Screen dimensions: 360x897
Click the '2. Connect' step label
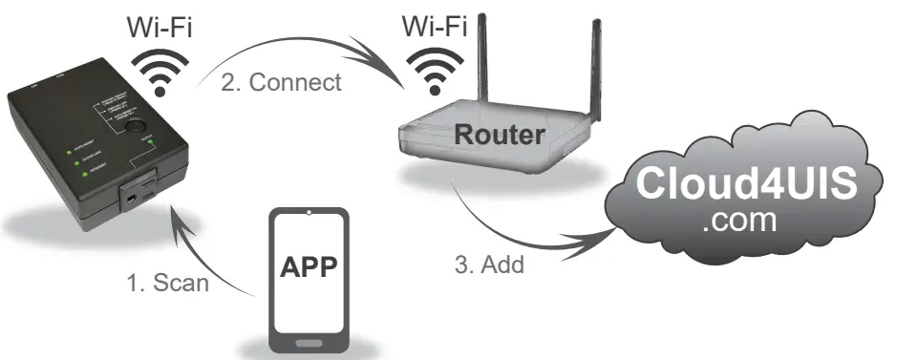tap(281, 82)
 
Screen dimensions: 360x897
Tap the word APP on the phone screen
tap(308, 266)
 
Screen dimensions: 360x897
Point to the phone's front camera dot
tap(308, 213)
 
